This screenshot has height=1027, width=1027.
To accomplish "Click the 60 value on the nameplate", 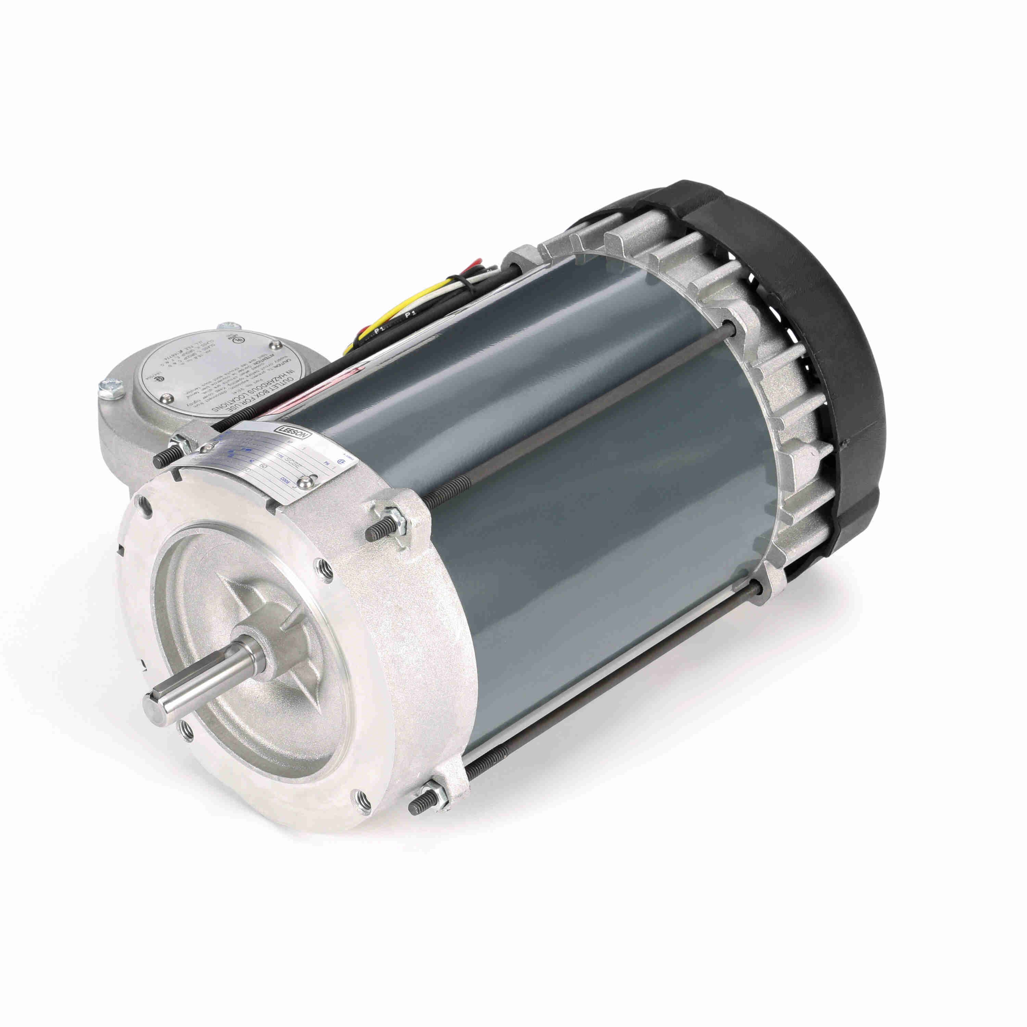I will (x=264, y=466).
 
